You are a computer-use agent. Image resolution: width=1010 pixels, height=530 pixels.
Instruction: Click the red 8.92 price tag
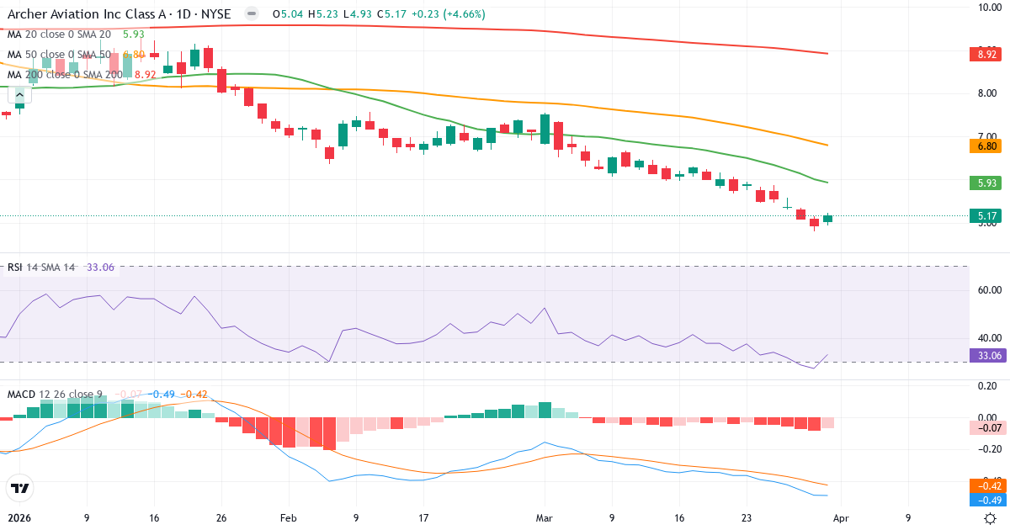(987, 55)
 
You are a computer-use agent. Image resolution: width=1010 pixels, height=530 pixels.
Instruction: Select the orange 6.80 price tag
(987, 146)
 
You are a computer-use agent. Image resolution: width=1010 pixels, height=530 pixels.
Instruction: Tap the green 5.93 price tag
(987, 183)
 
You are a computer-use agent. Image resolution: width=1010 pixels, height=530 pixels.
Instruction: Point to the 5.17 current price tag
(987, 216)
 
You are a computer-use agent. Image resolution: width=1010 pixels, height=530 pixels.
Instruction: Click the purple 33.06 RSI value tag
(987, 356)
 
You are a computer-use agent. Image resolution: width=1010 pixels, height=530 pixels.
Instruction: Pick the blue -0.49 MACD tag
(987, 500)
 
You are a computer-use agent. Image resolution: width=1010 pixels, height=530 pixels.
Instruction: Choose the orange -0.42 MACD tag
(987, 485)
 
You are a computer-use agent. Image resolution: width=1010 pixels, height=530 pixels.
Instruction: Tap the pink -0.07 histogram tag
(987, 428)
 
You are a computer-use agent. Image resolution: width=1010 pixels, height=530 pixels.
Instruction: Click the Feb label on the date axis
(289, 518)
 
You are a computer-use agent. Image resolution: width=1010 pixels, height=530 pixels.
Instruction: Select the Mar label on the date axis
(545, 518)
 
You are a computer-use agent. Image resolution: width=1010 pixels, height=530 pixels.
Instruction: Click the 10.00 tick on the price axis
(987, 8)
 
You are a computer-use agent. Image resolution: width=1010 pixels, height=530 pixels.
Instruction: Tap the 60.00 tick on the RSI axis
(987, 290)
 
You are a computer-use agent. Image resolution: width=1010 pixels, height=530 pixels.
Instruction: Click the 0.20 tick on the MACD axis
(987, 386)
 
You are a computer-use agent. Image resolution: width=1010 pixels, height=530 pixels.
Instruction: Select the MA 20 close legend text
(59, 34)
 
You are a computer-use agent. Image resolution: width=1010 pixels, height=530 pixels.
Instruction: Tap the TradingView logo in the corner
(19, 488)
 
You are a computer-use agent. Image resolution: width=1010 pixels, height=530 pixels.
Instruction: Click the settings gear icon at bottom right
(991, 518)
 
